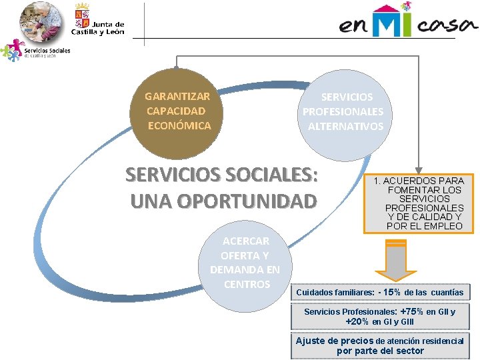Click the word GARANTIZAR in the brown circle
tap(177, 97)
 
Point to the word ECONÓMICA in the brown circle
tap(179, 125)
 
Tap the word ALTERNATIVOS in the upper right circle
tap(345, 126)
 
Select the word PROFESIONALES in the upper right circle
tap(343, 111)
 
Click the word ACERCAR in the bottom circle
tap(245, 241)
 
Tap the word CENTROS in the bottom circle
tap(247, 285)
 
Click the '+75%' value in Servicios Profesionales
tap(413, 311)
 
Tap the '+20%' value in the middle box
tap(357, 321)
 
